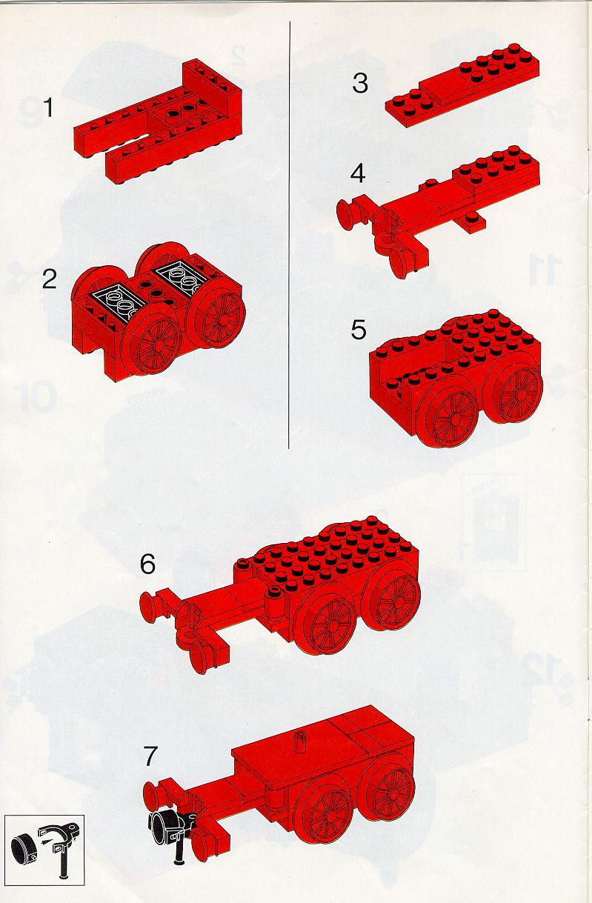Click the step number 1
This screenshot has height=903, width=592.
48,107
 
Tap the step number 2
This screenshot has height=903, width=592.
49,279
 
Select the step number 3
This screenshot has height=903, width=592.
359,84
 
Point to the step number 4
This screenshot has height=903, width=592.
358,174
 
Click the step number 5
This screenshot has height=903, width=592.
359,330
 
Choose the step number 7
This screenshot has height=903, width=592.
150,756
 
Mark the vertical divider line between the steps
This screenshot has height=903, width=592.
290,235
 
